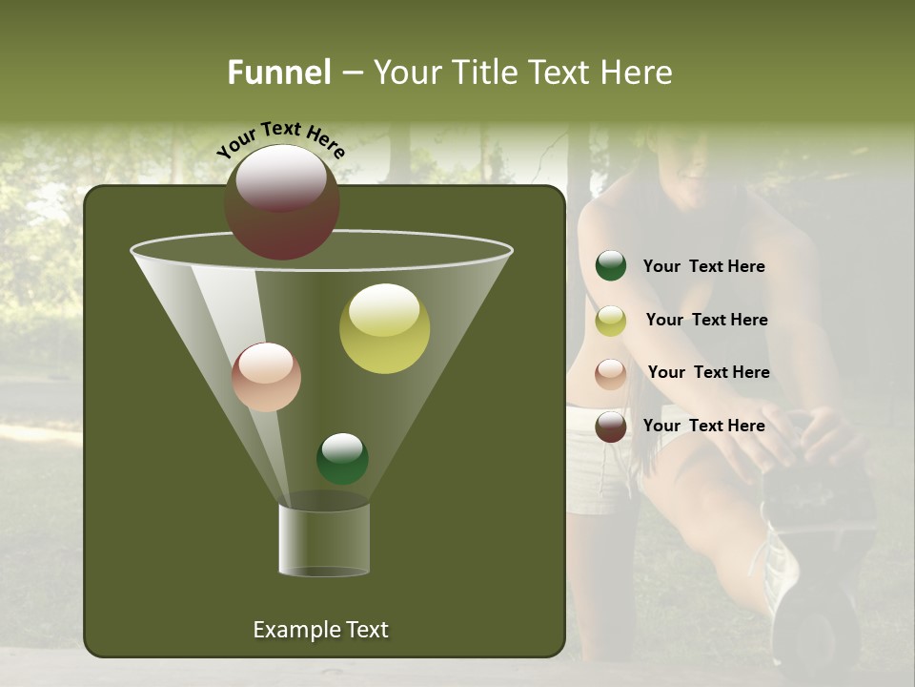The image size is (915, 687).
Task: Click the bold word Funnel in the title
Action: pyautogui.click(x=278, y=73)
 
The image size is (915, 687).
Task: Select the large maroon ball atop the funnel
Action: pyautogui.click(x=282, y=202)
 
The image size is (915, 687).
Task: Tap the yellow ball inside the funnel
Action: pyautogui.click(x=384, y=328)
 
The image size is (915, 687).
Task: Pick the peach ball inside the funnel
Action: pyautogui.click(x=266, y=377)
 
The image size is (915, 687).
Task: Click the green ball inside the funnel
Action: pyautogui.click(x=342, y=458)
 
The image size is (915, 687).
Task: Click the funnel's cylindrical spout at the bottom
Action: pyautogui.click(x=323, y=539)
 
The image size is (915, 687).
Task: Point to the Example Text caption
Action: pyautogui.click(x=320, y=630)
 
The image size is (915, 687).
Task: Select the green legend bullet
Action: pyautogui.click(x=611, y=266)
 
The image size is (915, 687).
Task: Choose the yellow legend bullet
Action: pyautogui.click(x=611, y=321)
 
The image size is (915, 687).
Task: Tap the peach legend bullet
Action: pyautogui.click(x=611, y=373)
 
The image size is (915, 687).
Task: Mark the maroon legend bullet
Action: pyautogui.click(x=611, y=427)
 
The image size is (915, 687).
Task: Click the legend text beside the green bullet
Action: pyautogui.click(x=703, y=267)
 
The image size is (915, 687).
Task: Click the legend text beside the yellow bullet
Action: pyautogui.click(x=706, y=320)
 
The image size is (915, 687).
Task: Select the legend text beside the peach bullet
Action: pyautogui.click(x=708, y=372)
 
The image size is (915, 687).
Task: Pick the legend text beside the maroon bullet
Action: pyautogui.click(x=703, y=426)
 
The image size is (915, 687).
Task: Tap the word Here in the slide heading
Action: pyautogui.click(x=638, y=73)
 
